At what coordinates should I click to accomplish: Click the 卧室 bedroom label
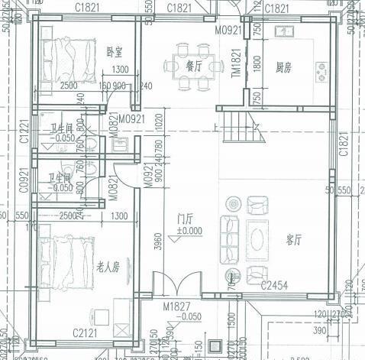(x=115, y=52)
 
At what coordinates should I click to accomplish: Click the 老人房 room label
(x=108, y=268)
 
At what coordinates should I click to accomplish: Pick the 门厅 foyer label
(x=184, y=218)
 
